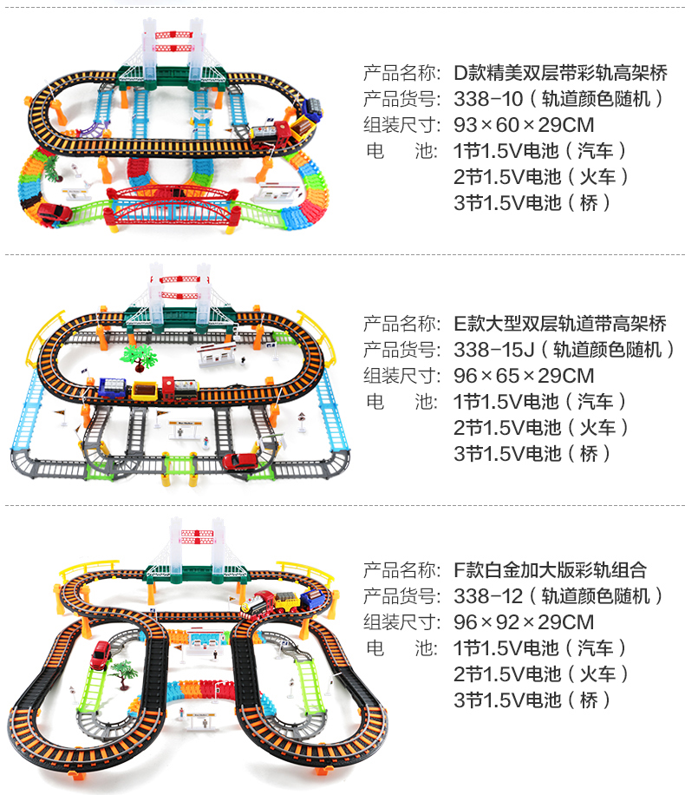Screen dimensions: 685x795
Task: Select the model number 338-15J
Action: click(492, 349)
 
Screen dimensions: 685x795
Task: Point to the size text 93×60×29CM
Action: click(524, 124)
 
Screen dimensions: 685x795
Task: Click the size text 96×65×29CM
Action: click(524, 375)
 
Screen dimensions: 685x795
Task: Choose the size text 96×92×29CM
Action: click(524, 621)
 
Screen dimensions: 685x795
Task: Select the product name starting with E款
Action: click(560, 323)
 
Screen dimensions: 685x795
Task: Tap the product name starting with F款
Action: click(550, 569)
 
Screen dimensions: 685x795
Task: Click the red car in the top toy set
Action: click(52, 213)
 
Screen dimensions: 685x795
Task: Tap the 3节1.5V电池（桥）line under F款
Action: click(532, 700)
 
